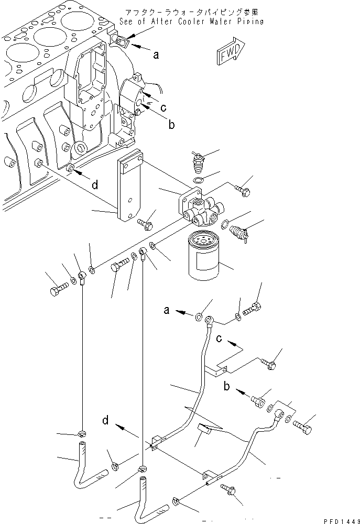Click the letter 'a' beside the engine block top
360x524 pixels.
point(155,53)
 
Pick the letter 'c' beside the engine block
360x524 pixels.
point(163,108)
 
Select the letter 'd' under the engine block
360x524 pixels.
point(95,184)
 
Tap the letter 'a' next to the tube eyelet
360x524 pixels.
point(167,310)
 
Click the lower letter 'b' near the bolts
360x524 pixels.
point(227,387)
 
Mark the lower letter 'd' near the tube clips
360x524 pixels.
point(106,419)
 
